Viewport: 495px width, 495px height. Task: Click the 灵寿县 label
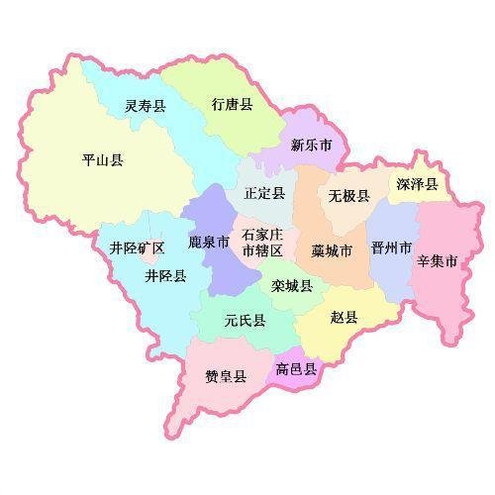(146, 106)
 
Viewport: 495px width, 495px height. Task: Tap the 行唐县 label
(232, 104)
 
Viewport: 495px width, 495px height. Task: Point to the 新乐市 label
(311, 146)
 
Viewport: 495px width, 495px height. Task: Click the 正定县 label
(264, 193)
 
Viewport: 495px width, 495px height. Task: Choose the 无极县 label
(349, 196)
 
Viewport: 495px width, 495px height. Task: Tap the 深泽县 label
(416, 184)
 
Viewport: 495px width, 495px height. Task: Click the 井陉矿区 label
(137, 247)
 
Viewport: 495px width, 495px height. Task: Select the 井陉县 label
(165, 275)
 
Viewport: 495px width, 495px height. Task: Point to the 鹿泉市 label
(209, 241)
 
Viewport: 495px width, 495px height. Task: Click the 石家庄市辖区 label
(263, 243)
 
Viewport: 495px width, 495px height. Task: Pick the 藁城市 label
(331, 250)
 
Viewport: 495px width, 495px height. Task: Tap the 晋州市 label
(390, 247)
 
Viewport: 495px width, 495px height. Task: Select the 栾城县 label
(292, 285)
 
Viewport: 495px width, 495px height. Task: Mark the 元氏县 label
(244, 320)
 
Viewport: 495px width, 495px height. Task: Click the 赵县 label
(345, 317)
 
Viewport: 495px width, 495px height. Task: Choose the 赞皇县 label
(226, 376)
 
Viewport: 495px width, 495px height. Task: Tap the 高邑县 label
(297, 369)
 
